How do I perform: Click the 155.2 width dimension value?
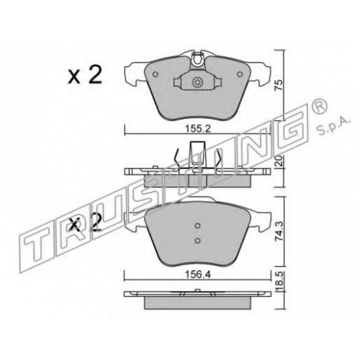click(x=198, y=129)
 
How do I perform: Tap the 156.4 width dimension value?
click(x=198, y=275)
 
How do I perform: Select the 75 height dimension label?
click(x=279, y=86)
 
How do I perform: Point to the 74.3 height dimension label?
click(x=279, y=231)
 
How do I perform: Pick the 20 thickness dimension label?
click(x=279, y=161)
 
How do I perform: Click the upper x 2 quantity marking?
click(x=85, y=75)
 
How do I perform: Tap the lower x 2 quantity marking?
click(x=85, y=222)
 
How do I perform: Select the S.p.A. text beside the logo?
click(x=333, y=127)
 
